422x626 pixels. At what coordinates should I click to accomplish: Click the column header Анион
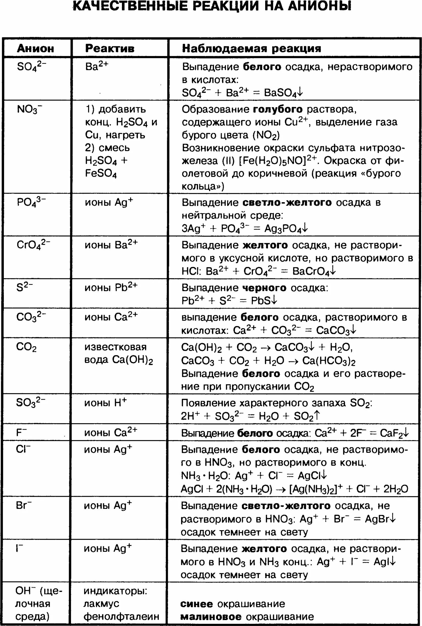35,49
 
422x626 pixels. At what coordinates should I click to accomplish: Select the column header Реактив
110,49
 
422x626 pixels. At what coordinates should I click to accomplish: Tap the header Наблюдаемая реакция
251,49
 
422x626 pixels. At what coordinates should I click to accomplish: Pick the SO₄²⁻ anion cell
31,66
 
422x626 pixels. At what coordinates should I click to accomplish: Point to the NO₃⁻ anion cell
29,110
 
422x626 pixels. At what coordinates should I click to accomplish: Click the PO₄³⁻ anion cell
31,202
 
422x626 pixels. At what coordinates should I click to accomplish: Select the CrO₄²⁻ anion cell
33,245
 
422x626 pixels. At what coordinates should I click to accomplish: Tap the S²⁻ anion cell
24,287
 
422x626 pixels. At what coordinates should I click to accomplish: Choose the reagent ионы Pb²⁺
111,287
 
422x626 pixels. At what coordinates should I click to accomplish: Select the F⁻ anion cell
21,432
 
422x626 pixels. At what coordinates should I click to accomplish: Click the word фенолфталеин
121,616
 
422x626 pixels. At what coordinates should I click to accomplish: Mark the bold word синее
196,604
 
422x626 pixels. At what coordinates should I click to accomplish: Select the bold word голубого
278,109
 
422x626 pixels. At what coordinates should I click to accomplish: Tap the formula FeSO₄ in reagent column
101,173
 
